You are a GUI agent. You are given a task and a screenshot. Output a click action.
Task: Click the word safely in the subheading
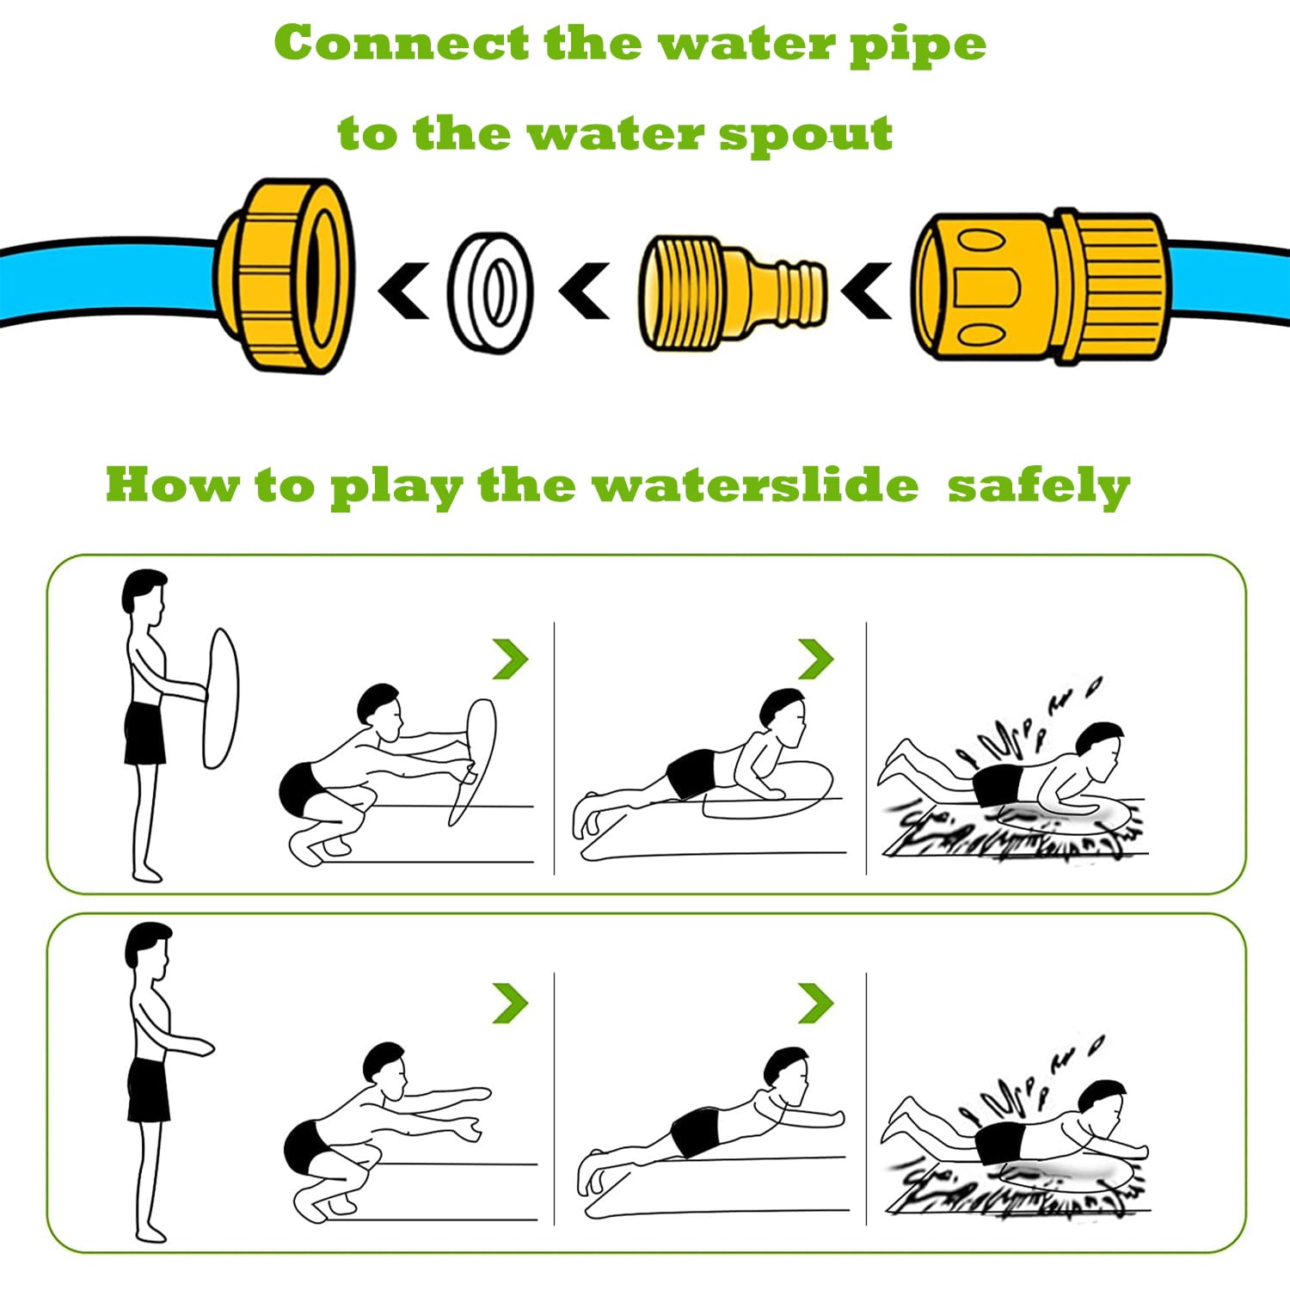[1038, 487]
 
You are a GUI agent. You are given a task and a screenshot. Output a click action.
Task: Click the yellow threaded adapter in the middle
[731, 292]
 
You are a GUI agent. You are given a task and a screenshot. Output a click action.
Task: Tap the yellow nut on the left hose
[285, 275]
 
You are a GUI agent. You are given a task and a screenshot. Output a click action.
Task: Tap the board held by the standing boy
[220, 697]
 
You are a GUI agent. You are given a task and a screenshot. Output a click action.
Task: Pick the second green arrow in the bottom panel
[816, 1003]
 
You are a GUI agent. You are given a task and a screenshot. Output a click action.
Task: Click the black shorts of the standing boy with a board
[144, 734]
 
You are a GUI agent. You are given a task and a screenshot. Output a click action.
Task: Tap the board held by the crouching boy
[473, 760]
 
